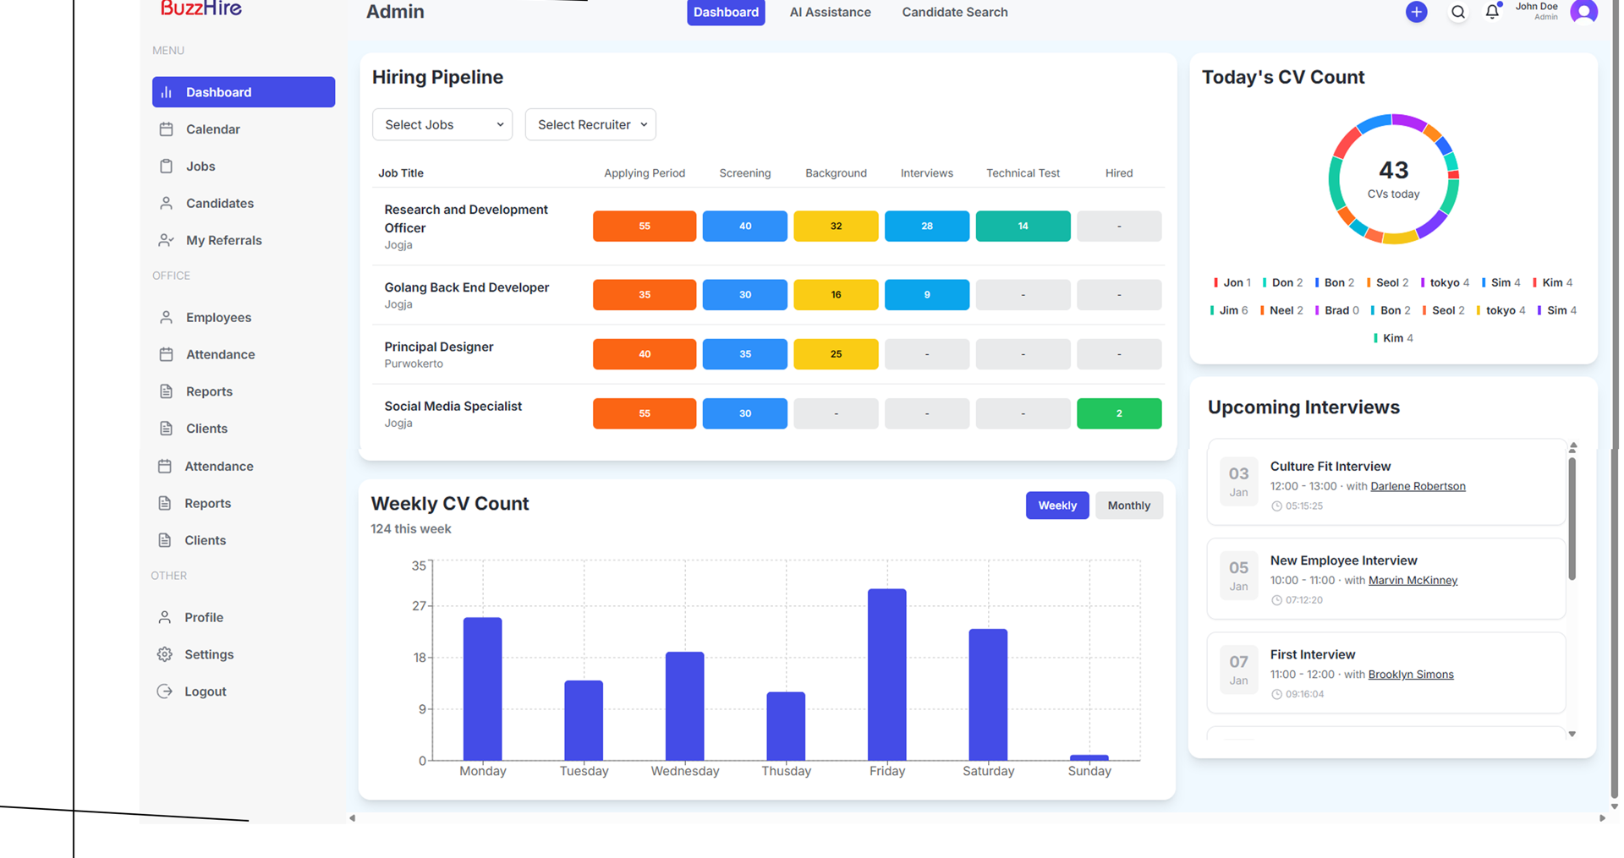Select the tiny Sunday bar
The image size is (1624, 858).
1089,757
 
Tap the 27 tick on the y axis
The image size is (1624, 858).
419,606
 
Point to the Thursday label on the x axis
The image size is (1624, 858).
786,771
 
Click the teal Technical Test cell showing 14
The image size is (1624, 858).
1023,227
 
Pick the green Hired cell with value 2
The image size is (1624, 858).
1118,413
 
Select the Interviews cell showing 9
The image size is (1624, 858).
926,295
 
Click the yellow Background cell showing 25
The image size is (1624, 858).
836,354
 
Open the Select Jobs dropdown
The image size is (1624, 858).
442,125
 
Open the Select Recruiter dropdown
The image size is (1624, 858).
590,125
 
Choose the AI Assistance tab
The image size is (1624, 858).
830,13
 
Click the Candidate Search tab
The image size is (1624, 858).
954,13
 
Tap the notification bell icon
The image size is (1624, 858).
1492,12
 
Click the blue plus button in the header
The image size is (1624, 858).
1416,12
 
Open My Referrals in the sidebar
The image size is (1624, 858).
223,241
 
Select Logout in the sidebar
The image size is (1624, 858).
205,691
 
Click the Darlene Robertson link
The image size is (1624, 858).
1418,486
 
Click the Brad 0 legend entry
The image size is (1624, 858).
1340,310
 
